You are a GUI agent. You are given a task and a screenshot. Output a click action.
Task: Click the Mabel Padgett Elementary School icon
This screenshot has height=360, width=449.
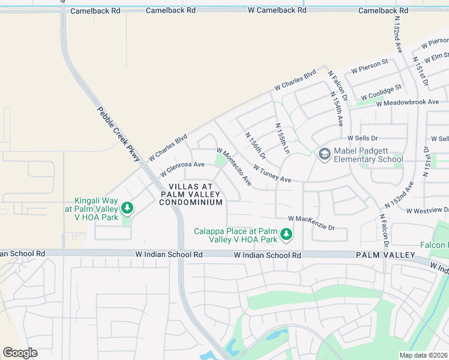point(325,155)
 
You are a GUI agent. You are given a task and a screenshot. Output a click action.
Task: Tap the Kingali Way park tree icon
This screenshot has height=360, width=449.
point(127,208)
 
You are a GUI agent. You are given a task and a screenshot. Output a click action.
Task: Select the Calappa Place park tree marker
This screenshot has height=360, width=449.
point(287,235)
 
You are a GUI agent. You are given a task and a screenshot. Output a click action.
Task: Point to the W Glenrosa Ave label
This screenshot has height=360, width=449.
point(182,169)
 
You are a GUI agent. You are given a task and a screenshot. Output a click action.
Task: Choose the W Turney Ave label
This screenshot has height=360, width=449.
point(272,175)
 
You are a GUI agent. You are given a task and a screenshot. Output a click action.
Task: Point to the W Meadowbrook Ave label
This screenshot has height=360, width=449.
point(408,103)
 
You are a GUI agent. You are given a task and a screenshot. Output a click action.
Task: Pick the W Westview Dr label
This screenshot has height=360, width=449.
point(427,211)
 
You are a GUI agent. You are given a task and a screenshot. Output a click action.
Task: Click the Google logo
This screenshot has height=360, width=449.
point(20,353)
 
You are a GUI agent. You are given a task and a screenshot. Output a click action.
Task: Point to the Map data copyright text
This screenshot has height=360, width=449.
point(424,355)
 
